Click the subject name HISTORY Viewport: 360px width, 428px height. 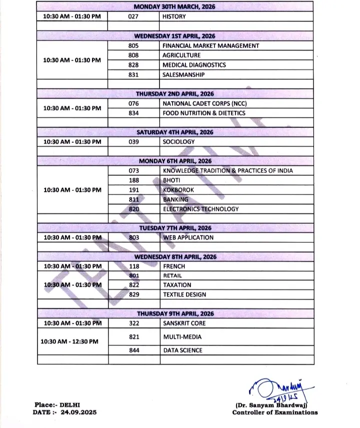[x=174, y=16]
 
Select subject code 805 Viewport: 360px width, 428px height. [x=133, y=45]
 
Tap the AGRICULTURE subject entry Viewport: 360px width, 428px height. [x=181, y=55]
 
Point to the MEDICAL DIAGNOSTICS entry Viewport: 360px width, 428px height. [x=194, y=65]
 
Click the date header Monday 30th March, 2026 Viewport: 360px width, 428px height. [x=175, y=7]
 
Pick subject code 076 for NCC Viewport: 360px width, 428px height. [x=133, y=103]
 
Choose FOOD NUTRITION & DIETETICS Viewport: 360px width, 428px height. [x=203, y=113]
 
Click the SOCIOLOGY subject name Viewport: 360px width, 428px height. [x=179, y=142]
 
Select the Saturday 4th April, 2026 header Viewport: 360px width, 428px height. [x=175, y=132]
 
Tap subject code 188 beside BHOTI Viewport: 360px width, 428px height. [x=133, y=180]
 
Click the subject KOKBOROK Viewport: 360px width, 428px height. [x=178, y=190]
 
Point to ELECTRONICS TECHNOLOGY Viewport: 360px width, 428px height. [x=200, y=209]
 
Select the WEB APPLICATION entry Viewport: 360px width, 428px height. [x=188, y=238]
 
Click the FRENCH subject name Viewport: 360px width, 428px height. [x=174, y=266]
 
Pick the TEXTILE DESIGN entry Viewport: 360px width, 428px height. [x=184, y=295]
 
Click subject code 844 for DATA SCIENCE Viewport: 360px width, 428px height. [x=133, y=351]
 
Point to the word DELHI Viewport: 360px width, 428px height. [x=70, y=405]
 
